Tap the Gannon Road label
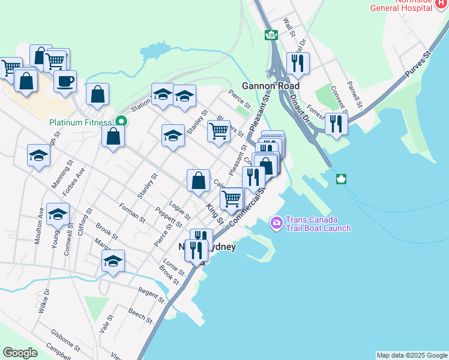(271, 86)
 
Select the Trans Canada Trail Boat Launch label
(318, 224)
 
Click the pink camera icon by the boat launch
(276, 223)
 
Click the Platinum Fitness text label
(80, 122)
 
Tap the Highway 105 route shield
(271, 35)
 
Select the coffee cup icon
(65, 80)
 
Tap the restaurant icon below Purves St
(336, 124)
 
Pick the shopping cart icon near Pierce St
(218, 130)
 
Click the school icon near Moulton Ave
(58, 214)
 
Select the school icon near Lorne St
(113, 261)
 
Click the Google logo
(20, 352)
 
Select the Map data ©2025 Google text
(412, 355)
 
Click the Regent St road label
(151, 295)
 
